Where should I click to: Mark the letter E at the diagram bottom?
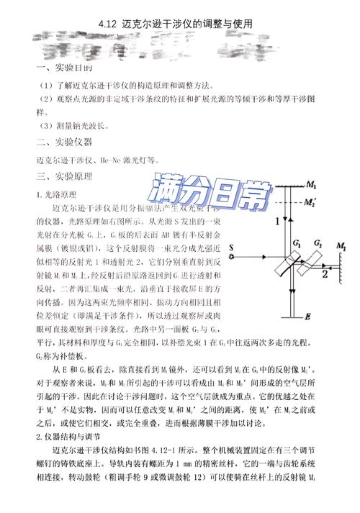coord(287,316)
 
